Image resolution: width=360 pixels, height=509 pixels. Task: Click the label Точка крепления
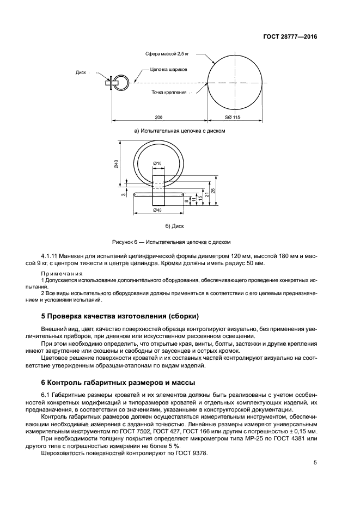tap(169, 93)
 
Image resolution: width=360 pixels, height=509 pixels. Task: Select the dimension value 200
tap(158, 118)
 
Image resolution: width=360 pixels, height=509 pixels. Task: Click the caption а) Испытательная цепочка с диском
tap(180, 131)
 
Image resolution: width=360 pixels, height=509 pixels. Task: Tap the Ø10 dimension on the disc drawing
tap(157, 163)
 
